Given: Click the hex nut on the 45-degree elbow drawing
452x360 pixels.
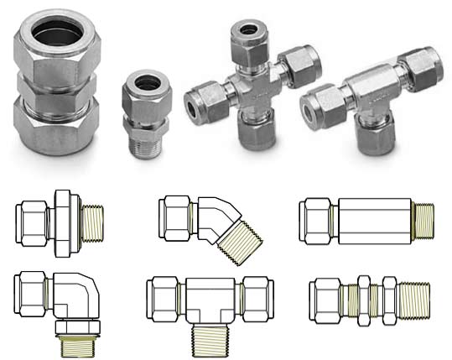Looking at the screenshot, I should (179, 214).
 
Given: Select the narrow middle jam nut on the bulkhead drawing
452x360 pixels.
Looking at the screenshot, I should (365, 299).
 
